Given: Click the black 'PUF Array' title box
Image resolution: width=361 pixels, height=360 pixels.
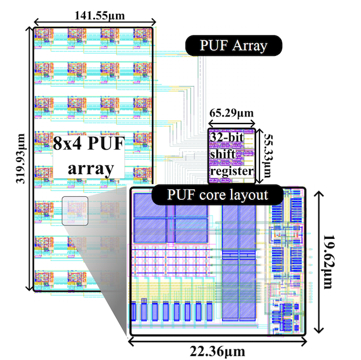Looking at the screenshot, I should point(233,45).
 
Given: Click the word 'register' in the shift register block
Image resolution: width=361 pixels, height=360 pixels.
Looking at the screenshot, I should point(232,172).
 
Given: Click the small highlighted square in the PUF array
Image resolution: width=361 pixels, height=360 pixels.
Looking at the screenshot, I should point(75,211).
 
